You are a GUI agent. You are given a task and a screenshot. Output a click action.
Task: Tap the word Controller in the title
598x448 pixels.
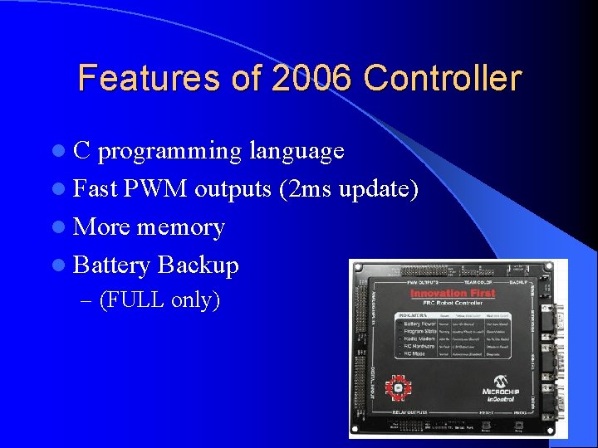click(x=442, y=78)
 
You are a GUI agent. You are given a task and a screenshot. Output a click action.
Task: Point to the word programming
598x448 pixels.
click(x=170, y=151)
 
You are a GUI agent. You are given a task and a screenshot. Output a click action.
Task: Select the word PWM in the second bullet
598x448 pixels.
click(x=156, y=189)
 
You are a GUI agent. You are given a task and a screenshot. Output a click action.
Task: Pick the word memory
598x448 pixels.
click(x=180, y=226)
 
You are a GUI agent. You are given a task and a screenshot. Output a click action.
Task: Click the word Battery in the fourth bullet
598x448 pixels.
click(x=111, y=265)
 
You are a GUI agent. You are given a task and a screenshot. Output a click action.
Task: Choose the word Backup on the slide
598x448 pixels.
click(x=198, y=265)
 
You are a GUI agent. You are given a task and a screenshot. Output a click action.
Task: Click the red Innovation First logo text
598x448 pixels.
click(x=453, y=293)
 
